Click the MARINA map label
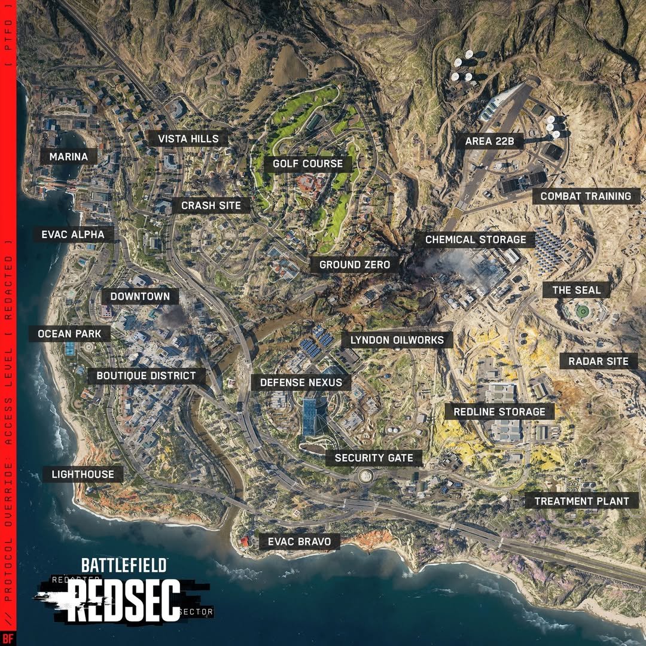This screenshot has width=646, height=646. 69,157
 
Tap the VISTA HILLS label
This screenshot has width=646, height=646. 188,139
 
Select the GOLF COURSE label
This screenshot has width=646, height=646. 307,163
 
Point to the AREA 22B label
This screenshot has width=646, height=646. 486,142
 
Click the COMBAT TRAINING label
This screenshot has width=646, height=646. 586,196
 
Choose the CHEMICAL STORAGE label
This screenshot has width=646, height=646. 476,240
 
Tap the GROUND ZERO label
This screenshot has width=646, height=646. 354,264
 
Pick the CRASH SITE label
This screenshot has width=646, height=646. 211,206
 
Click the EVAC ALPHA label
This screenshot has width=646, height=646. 73,234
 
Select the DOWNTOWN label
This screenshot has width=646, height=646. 140,296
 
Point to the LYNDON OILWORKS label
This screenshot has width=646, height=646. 397,340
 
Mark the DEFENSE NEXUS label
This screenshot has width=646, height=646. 301,382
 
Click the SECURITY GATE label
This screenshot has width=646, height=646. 374,458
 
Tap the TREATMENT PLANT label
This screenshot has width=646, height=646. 581,501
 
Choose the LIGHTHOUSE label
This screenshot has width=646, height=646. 83,474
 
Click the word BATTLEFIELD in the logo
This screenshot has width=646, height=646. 124,564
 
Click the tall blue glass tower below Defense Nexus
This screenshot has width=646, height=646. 309,416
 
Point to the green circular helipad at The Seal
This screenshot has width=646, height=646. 581,311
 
